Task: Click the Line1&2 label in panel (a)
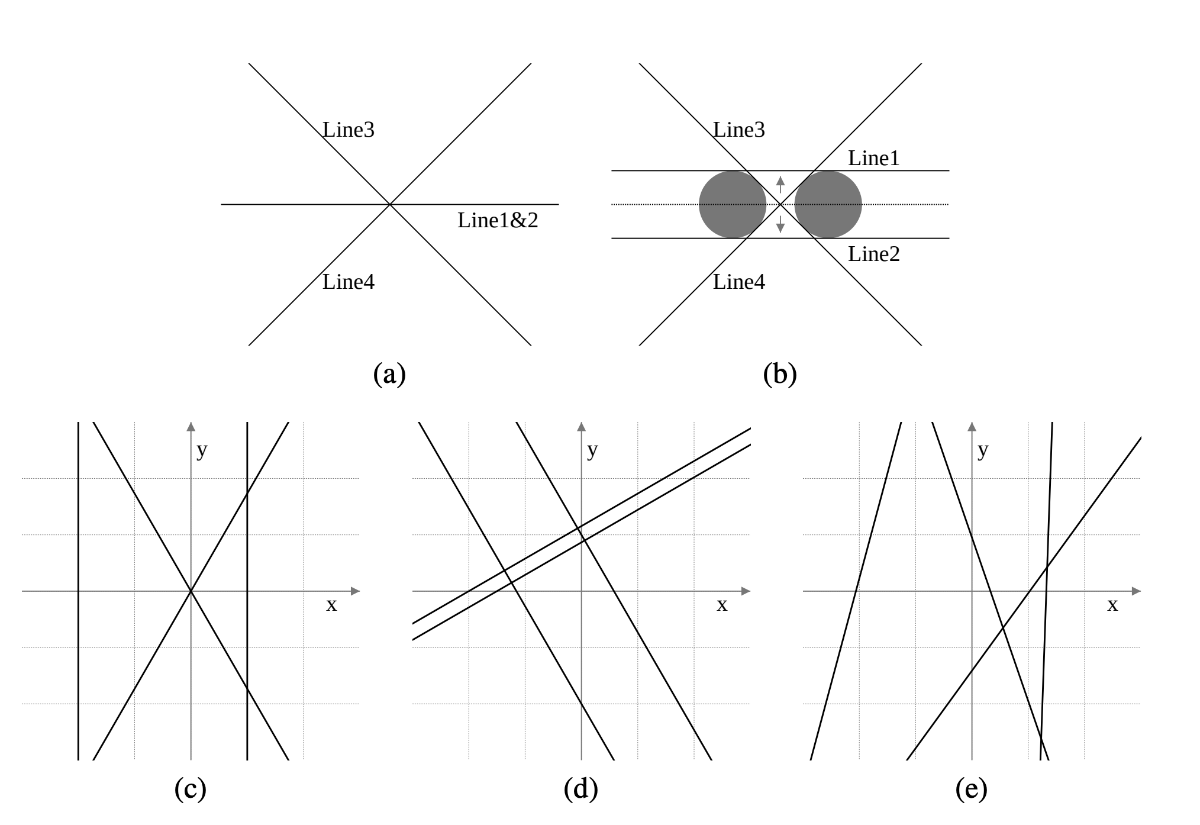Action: (x=498, y=221)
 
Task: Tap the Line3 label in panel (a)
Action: (x=349, y=130)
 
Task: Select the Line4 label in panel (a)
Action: (x=349, y=282)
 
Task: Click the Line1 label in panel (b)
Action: (x=873, y=159)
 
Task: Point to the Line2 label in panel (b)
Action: (x=873, y=254)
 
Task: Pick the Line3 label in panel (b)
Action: (x=739, y=130)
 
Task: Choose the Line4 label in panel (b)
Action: (x=739, y=282)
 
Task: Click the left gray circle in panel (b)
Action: (x=733, y=205)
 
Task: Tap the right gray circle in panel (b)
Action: (x=828, y=205)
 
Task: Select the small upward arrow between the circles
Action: (x=780, y=184)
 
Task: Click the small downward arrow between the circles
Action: (x=780, y=224)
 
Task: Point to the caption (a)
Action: (x=389, y=375)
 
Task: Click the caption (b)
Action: (x=780, y=375)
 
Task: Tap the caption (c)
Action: (x=191, y=789)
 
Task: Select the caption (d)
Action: (x=581, y=789)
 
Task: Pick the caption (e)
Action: (x=972, y=789)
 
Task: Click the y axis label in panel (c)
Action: (x=202, y=451)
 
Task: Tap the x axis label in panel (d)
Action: (x=722, y=605)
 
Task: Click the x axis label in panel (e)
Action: (x=1112, y=605)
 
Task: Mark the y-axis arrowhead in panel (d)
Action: (x=581, y=427)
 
